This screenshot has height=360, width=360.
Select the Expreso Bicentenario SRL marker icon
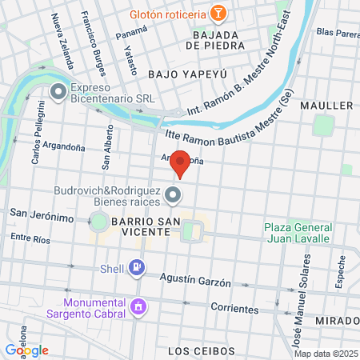pyautogui.click(x=58, y=94)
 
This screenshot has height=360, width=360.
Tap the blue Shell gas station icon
pyautogui.click(x=137, y=267)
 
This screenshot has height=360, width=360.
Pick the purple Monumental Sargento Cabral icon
pyautogui.click(x=138, y=306)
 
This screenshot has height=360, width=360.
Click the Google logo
pyautogui.click(x=26, y=350)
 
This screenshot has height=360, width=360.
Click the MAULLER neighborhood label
pyautogui.click(x=326, y=106)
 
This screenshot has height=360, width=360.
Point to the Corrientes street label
pyautogui.click(x=234, y=308)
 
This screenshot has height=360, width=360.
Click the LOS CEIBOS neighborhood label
pyautogui.click(x=202, y=351)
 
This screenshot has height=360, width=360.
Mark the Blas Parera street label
pyautogui.click(x=337, y=33)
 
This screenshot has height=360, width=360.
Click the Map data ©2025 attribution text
pyautogui.click(x=323, y=354)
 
